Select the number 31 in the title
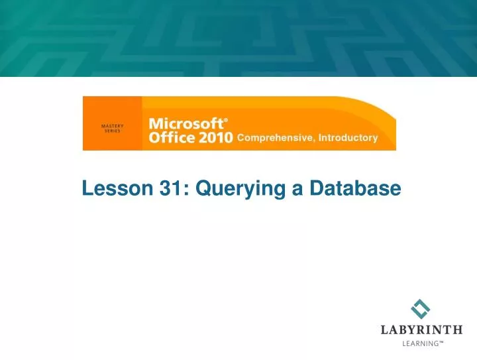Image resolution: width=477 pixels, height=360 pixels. coord(172,189)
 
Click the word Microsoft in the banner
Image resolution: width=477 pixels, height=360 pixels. coord(185,124)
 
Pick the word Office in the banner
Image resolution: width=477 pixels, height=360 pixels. coord(172,138)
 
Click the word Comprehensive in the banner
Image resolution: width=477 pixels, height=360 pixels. coord(275,139)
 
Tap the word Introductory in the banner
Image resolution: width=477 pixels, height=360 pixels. coord(348,138)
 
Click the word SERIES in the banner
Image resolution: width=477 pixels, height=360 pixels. coord(112,131)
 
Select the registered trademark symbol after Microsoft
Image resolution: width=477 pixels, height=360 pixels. coord(226,121)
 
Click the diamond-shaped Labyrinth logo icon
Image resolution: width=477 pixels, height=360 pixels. coord(421,309)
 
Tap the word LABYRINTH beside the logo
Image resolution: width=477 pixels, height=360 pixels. coord(421,330)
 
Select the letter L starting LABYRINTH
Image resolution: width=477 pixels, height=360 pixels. coord(385,330)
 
